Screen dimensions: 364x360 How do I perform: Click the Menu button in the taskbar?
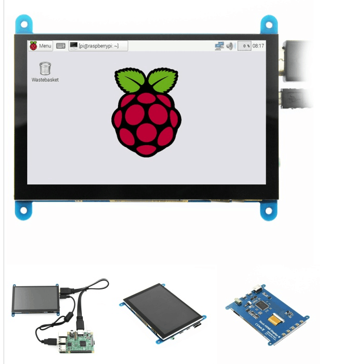[41, 46]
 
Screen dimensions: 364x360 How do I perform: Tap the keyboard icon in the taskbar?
[61, 46]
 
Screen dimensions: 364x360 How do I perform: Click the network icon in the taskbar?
[219, 46]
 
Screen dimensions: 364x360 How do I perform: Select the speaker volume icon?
[230, 46]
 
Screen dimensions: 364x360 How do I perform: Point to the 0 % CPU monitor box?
[244, 46]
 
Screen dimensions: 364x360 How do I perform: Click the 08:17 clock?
[258, 46]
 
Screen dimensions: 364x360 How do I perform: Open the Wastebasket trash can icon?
[45, 68]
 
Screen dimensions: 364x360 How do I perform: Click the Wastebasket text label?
[45, 80]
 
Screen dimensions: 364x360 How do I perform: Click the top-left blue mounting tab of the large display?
[24, 24]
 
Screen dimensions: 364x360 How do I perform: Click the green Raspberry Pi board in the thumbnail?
[77, 343]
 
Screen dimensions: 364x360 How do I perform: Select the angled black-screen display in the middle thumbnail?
[163, 311]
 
